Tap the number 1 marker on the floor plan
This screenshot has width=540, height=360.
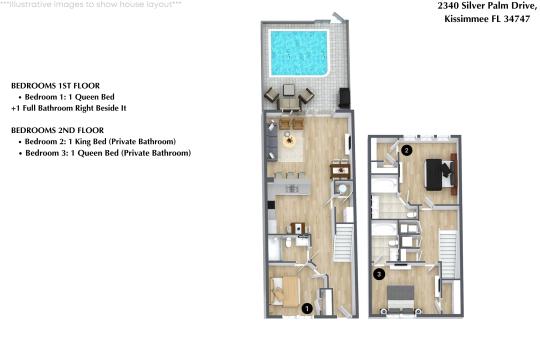(x=306, y=309)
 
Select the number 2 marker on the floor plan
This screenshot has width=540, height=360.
(x=407, y=151)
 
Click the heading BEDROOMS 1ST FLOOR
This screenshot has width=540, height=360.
(x=54, y=86)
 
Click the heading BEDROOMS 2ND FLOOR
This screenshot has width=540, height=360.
(x=55, y=131)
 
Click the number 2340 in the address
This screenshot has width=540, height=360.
(x=452, y=6)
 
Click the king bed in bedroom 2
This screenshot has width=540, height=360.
(x=436, y=172)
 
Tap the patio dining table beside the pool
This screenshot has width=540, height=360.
(x=288, y=96)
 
